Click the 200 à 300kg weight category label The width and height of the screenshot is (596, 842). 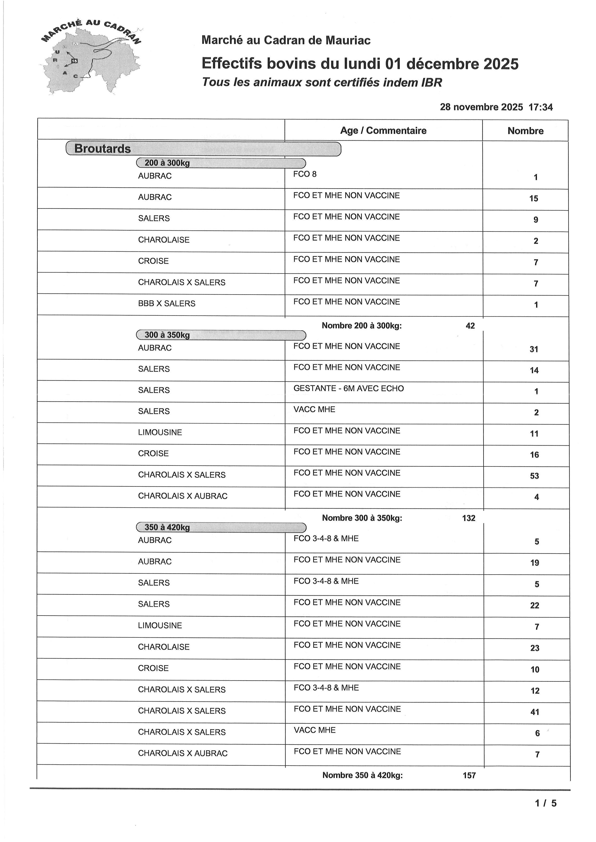click(x=167, y=163)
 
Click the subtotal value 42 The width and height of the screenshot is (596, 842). click(x=470, y=326)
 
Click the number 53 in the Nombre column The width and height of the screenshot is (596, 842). click(x=534, y=476)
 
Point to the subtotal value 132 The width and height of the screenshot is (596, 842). click(x=469, y=518)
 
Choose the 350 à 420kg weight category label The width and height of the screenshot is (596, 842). click(x=167, y=527)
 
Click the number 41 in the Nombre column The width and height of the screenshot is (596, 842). click(x=535, y=712)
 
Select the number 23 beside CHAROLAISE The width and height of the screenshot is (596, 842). click(x=535, y=648)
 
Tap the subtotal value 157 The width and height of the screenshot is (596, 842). click(x=469, y=776)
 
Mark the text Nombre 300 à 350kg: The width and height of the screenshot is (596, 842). click(x=362, y=518)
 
